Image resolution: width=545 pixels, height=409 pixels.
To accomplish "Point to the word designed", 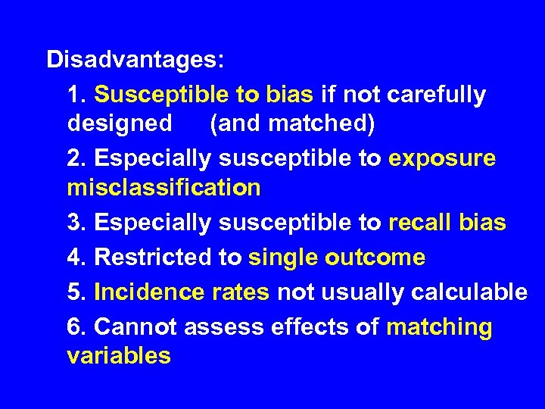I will pyautogui.click(x=120, y=123).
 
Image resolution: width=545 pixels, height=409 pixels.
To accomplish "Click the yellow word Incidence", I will pyautogui.click(x=144, y=292).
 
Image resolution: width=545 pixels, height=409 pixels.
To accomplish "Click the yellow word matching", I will pyautogui.click(x=439, y=328).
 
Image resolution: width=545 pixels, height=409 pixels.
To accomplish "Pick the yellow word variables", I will pyautogui.click(x=119, y=355).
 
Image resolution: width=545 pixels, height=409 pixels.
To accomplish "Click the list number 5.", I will pyautogui.click(x=74, y=292).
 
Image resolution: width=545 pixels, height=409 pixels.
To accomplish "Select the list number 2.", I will pyautogui.click(x=74, y=159).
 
